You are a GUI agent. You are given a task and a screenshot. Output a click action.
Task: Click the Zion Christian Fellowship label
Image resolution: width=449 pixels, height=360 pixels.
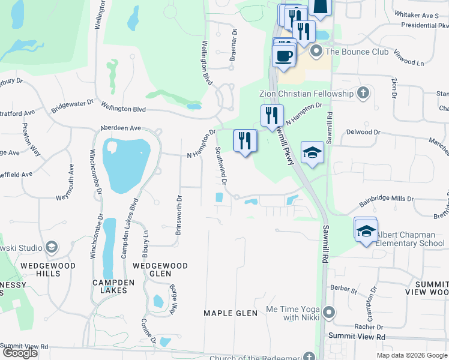click(x=306, y=94)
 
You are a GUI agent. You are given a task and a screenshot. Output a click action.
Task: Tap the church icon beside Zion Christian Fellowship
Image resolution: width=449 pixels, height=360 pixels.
click(x=362, y=94)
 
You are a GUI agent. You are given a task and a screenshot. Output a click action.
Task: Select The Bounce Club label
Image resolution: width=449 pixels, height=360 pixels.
click(x=357, y=52)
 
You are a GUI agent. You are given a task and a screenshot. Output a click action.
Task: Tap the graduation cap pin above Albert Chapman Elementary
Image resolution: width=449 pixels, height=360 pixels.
click(x=365, y=231)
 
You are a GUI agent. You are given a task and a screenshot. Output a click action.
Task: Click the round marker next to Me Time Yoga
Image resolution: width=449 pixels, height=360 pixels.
click(x=328, y=313)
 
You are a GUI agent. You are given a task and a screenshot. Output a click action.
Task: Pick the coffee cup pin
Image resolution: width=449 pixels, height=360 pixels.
click(x=283, y=56)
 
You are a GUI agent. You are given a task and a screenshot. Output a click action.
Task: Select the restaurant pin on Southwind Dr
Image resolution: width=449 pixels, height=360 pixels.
click(x=245, y=141)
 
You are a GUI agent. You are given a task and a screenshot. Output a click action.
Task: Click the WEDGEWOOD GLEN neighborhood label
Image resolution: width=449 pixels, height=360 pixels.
click(x=160, y=269)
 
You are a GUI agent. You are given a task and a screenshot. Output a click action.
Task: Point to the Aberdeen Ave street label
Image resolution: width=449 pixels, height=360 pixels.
click(x=120, y=128)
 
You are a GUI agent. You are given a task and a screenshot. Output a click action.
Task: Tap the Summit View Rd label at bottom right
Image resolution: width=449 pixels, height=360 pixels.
click(x=363, y=338)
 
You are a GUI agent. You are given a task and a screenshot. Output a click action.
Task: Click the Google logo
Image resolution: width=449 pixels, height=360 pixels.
click(x=20, y=353)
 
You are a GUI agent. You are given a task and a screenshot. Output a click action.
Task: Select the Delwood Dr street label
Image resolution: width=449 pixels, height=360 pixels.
click(x=364, y=132)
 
